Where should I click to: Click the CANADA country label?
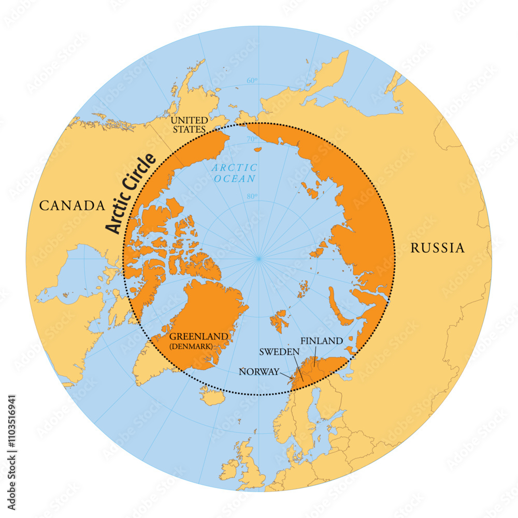click(x=73, y=206)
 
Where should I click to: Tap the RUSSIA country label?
click(x=437, y=248)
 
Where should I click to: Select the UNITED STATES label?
click(x=189, y=124)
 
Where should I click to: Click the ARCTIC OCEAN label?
click(x=234, y=173)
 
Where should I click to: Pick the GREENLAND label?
click(x=198, y=336)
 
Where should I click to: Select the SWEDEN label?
click(x=280, y=352)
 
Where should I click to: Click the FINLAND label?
click(x=322, y=340)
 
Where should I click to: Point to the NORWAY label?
click(x=258, y=371)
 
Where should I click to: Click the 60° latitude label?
click(x=252, y=80)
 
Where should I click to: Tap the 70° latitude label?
click(x=251, y=139)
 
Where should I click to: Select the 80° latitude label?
click(x=251, y=196)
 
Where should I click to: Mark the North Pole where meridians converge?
click(x=258, y=257)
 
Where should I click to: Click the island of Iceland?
click(x=212, y=398)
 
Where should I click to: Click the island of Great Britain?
click(x=251, y=469)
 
